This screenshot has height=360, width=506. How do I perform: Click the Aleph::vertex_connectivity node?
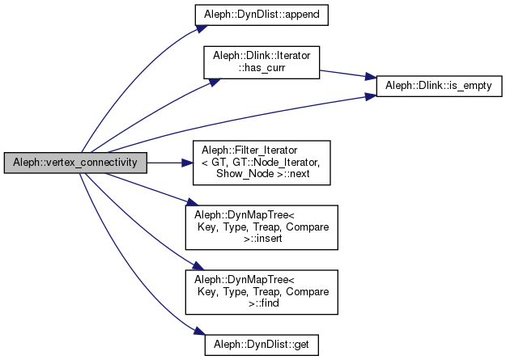click(x=74, y=163)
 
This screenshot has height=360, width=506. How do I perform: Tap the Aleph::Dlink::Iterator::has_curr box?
click(x=263, y=61)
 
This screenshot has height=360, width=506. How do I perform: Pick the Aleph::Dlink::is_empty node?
click(x=435, y=84)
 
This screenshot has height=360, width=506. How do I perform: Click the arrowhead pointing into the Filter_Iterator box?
click(x=186, y=163)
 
